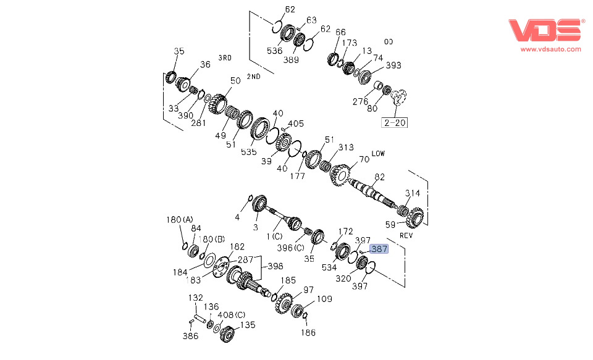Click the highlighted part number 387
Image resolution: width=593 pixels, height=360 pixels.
(x=379, y=249)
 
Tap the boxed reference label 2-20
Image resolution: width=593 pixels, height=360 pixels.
(x=395, y=122)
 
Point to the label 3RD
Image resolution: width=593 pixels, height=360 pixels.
(x=224, y=58)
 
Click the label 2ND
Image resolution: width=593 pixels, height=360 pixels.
(x=253, y=77)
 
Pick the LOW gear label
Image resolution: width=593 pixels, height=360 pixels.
(x=378, y=153)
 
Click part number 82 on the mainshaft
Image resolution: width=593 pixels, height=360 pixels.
(x=379, y=177)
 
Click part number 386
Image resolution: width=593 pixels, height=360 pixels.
(x=190, y=337)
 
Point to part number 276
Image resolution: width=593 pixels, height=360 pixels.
(x=360, y=101)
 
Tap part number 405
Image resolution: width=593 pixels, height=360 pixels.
(x=295, y=123)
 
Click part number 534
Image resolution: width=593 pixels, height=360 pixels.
(x=330, y=268)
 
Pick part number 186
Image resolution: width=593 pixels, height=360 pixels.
(x=308, y=333)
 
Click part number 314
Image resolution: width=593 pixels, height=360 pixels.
(x=412, y=193)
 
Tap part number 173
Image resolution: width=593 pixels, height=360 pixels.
(x=350, y=43)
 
